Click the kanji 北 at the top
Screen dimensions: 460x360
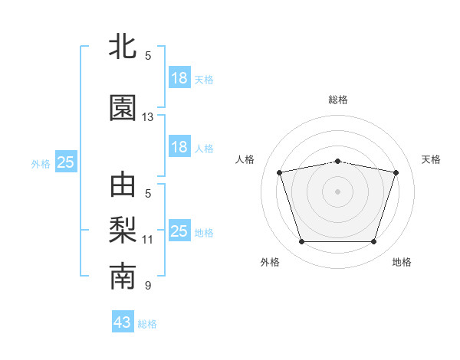tap(123, 46)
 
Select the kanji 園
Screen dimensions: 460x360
tap(123, 107)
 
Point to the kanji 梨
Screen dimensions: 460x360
tap(123, 230)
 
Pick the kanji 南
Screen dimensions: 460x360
tap(123, 276)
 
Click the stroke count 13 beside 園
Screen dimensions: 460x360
tap(147, 117)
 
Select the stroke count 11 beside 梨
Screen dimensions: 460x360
tap(147, 240)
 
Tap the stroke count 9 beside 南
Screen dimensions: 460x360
tap(148, 285)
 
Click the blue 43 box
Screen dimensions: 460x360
tap(123, 321)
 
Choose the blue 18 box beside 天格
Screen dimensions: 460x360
tap(180, 77)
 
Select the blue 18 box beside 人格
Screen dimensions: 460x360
tap(180, 146)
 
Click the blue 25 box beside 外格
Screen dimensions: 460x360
tap(66, 162)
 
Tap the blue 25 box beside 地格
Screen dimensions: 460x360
tap(180, 230)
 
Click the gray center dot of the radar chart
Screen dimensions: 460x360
tap(337, 191)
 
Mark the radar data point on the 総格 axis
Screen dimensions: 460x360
tap(337, 162)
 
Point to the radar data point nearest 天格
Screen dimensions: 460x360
tap(396, 172)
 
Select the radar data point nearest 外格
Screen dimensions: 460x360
tap(302, 241)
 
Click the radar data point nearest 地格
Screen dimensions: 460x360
tap(373, 241)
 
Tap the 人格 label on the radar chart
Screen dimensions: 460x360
tap(245, 159)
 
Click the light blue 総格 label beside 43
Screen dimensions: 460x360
tap(147, 324)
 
